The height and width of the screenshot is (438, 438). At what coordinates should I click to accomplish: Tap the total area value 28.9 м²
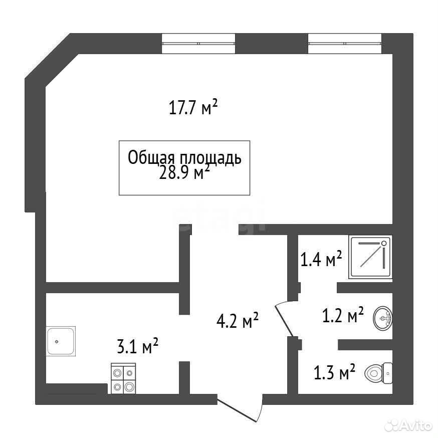184,173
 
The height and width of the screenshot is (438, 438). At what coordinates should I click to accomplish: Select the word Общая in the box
151,158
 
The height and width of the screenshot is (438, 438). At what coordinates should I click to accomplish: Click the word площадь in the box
210,159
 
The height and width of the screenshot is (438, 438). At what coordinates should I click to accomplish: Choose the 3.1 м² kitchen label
138,346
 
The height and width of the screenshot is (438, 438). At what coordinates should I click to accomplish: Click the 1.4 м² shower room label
321,259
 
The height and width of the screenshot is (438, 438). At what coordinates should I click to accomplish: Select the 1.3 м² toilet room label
335,372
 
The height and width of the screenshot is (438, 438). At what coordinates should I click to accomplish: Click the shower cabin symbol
370,257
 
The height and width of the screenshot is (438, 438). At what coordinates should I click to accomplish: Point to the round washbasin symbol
383,318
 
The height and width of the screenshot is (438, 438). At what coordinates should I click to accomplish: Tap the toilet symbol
379,373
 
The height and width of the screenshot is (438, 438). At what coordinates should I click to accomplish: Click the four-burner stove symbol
123,378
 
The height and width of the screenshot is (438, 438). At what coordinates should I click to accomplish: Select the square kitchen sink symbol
61,341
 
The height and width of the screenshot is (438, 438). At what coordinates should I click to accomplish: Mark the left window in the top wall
198,43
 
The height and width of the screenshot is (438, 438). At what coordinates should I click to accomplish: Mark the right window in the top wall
345,43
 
